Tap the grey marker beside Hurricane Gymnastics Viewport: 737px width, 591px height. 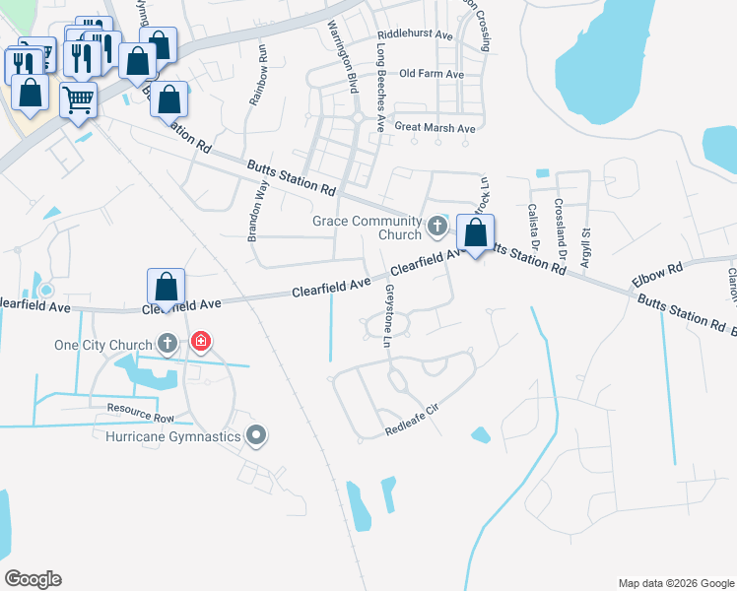point(257,434)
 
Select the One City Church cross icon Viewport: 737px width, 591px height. point(168,343)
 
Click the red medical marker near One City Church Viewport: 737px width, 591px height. point(201,342)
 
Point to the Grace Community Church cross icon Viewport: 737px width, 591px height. point(437,228)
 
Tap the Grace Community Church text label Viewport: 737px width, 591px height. point(368,228)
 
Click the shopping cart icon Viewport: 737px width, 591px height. point(78,99)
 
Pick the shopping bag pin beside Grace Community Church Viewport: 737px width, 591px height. point(476,234)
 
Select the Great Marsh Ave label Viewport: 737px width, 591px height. point(435,128)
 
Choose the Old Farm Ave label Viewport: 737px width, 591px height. point(432,74)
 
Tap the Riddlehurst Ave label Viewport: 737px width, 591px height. point(415,35)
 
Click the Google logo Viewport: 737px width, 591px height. point(33,579)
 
